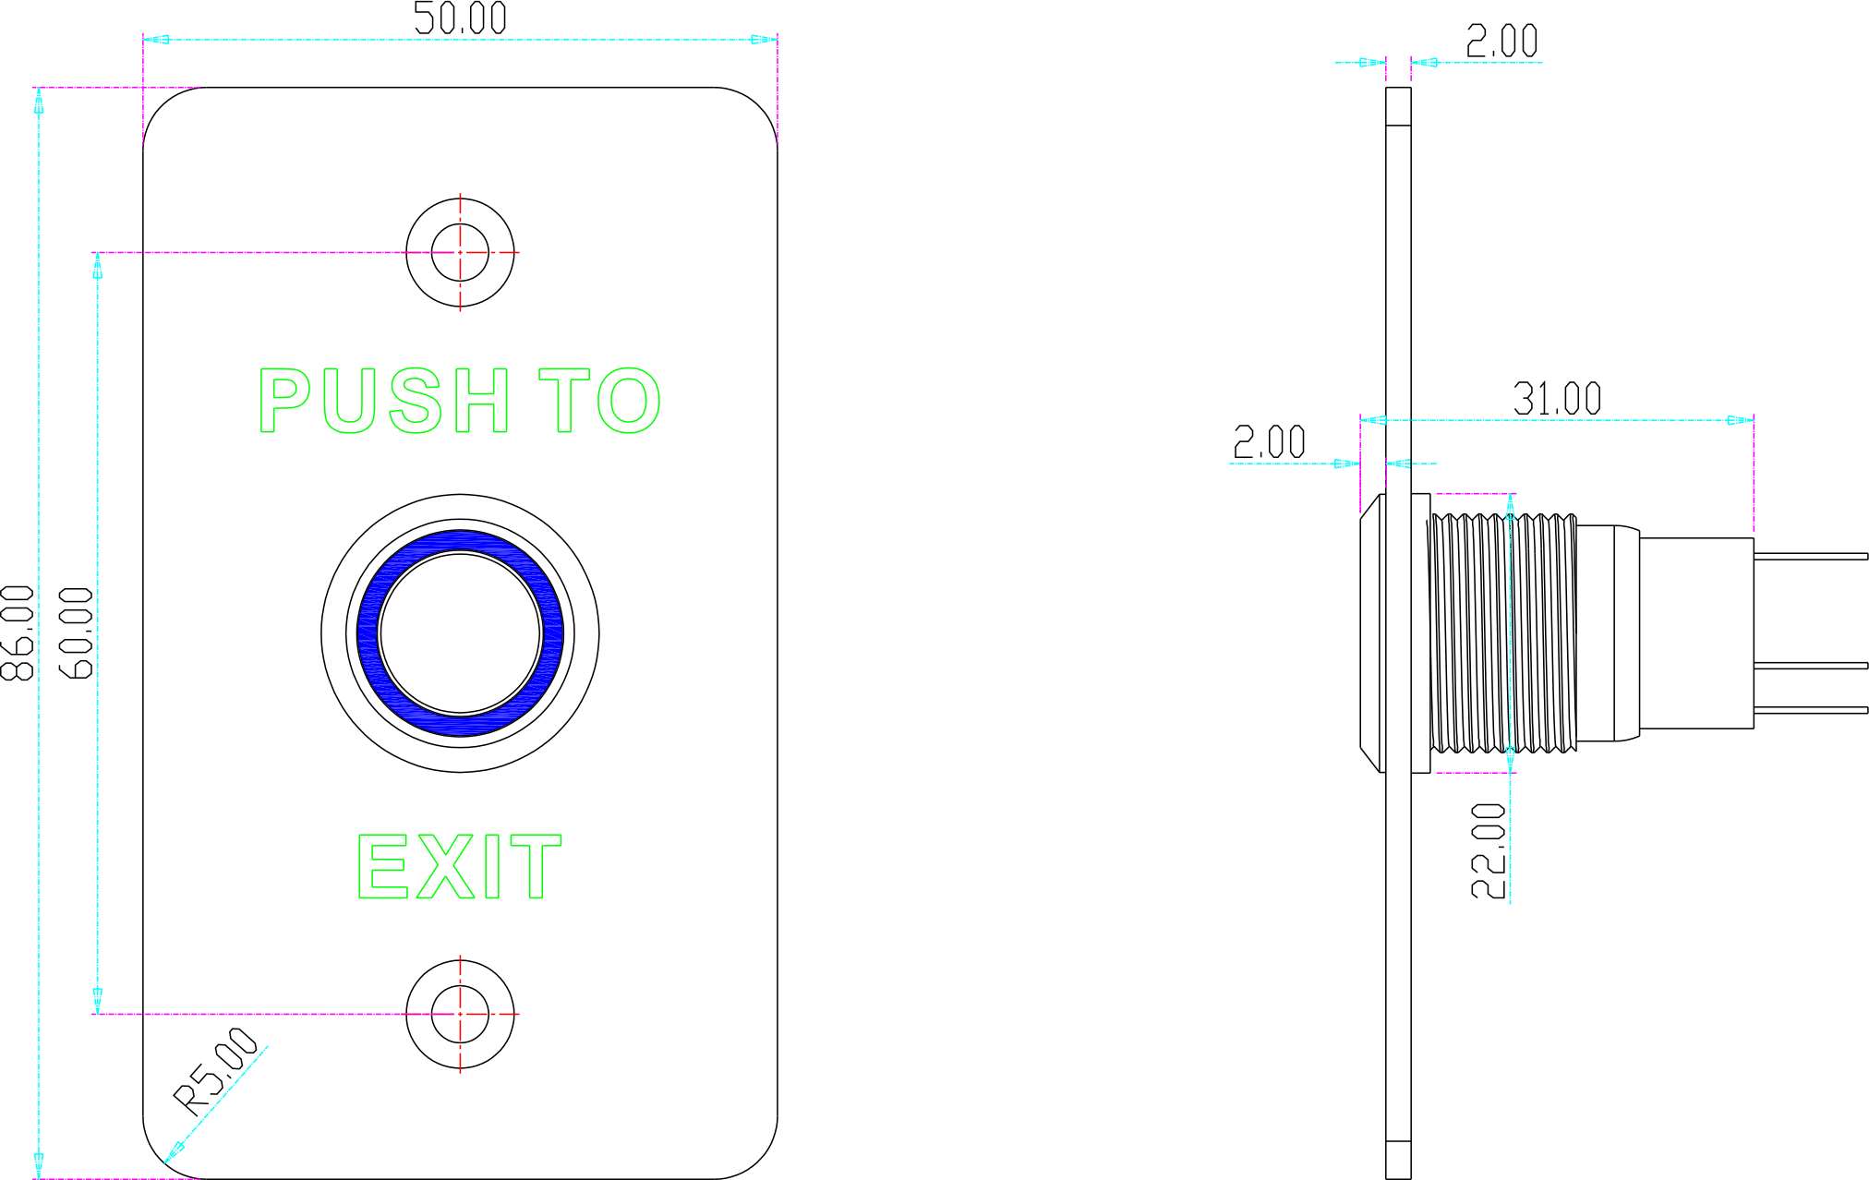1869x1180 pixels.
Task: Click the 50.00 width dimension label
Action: (x=460, y=18)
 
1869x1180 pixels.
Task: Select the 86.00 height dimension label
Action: (x=18, y=633)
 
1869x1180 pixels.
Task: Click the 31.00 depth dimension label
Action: (x=1556, y=399)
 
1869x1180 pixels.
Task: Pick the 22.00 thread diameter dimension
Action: (x=1489, y=849)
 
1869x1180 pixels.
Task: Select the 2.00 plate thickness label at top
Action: (x=1502, y=42)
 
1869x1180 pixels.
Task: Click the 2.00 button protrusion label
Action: (x=1270, y=443)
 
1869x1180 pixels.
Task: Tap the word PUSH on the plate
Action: (x=383, y=400)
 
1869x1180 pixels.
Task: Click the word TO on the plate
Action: (x=600, y=400)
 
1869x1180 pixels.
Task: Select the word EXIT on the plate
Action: (x=460, y=866)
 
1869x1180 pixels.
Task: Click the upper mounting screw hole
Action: (x=460, y=252)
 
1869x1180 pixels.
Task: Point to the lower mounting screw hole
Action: (x=460, y=1014)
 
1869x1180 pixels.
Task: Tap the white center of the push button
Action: (x=460, y=633)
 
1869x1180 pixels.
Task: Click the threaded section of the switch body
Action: (x=1501, y=633)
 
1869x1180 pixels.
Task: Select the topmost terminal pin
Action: (x=1810, y=556)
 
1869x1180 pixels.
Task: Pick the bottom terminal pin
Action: (x=1810, y=710)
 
